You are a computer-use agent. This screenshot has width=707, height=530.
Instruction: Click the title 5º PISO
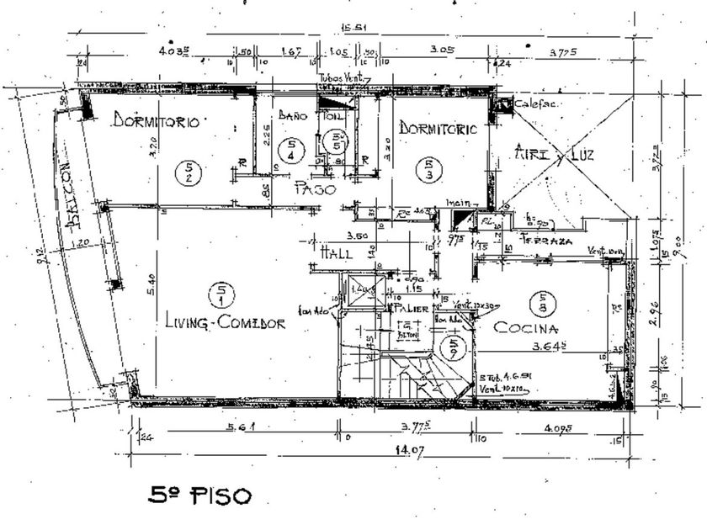coord(200,495)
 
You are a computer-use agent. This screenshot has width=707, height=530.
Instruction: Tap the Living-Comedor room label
coord(225,323)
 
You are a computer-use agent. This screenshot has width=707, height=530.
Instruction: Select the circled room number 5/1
coord(226,294)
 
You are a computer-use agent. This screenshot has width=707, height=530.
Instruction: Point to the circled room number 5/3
coord(430,169)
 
